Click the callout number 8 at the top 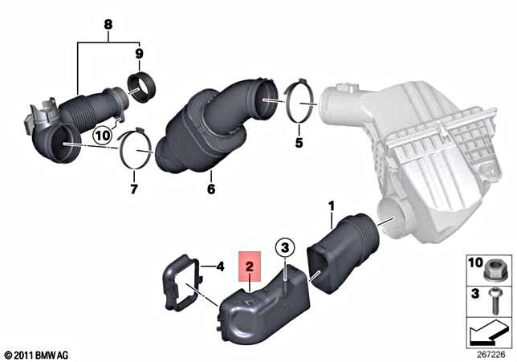point(108,25)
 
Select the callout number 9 point(139,54)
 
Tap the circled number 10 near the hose point(103,136)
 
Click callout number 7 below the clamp point(134,190)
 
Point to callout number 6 point(211,190)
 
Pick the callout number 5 point(299,144)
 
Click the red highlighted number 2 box point(250,264)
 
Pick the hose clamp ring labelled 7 point(136,150)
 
